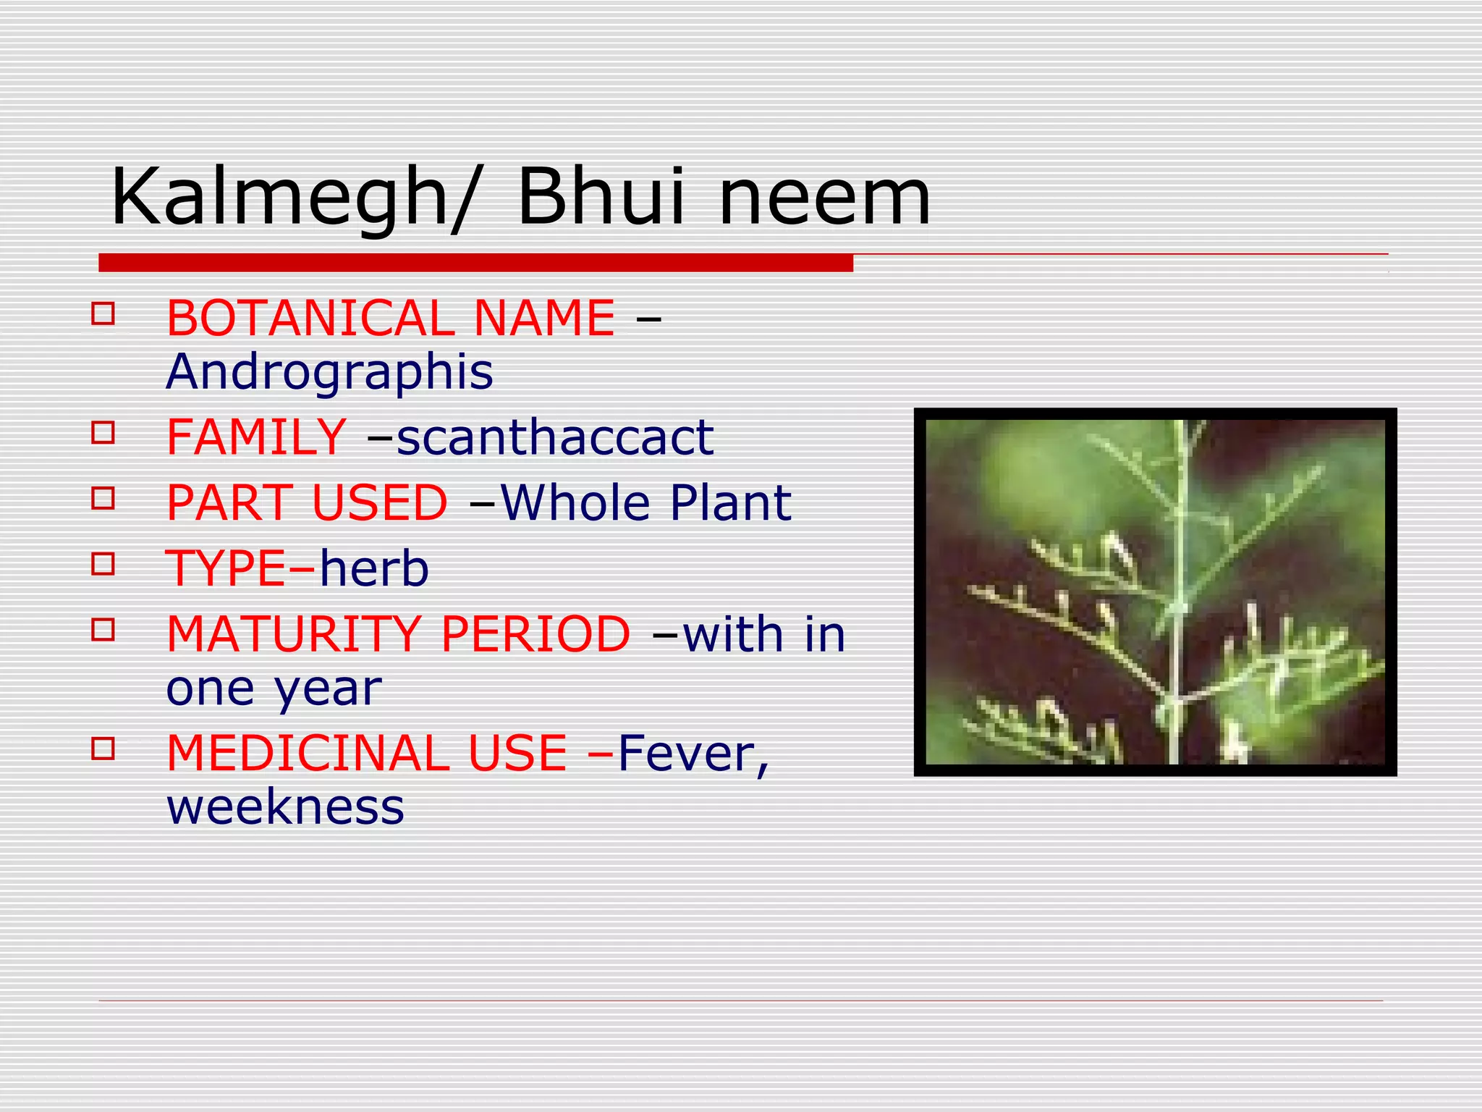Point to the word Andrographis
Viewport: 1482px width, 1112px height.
coord(329,374)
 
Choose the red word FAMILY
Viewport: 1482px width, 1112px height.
coord(256,437)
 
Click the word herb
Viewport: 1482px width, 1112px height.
coord(374,568)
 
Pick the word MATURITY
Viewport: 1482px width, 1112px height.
coord(294,634)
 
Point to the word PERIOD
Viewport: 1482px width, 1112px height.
coord(535,634)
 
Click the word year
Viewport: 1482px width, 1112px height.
coord(328,691)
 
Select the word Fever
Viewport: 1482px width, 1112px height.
coord(692,754)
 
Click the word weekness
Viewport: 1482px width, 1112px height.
coord(285,808)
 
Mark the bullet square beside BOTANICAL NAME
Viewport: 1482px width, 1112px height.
coord(103,313)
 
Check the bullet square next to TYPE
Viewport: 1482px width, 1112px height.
coord(103,563)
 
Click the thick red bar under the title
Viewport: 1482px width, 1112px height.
coord(475,263)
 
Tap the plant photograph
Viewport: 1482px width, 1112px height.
coord(1155,592)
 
